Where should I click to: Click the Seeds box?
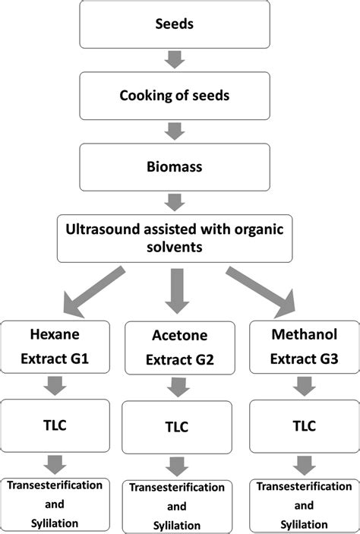tap(175, 24)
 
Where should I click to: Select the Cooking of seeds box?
tap(175, 95)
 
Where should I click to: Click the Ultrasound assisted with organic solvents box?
tap(175, 239)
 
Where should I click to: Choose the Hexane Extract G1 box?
tap(55, 347)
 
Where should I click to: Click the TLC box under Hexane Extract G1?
tap(55, 425)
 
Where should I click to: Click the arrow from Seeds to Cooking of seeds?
tap(175, 58)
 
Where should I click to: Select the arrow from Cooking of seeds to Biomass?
tap(175, 130)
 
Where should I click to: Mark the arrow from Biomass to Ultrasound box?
tap(175, 201)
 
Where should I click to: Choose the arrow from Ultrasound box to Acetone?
tap(175, 292)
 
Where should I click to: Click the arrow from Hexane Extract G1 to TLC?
tap(55, 387)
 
